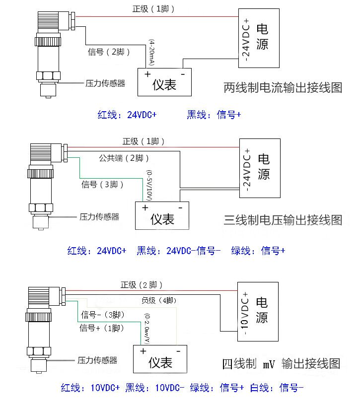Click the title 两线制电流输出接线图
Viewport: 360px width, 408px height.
click(x=283, y=88)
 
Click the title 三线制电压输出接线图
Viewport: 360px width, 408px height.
click(x=283, y=219)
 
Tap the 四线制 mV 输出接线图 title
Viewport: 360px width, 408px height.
click(x=281, y=364)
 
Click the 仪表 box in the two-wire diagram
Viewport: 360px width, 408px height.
click(x=164, y=82)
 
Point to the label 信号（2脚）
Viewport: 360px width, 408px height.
click(x=109, y=52)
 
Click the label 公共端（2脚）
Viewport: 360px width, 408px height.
click(x=123, y=158)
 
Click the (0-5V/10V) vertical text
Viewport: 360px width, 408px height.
click(x=148, y=185)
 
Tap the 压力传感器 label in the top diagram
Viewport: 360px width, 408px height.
click(x=105, y=83)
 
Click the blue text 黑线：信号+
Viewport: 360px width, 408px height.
click(x=214, y=115)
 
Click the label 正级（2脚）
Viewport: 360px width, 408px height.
click(x=142, y=285)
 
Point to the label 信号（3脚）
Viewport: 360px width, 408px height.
click(x=102, y=185)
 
